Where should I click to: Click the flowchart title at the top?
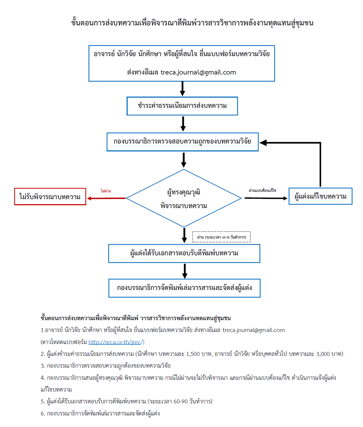coord(192,23)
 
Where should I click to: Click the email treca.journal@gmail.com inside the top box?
coord(198,73)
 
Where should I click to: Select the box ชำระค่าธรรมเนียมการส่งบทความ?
coord(182,106)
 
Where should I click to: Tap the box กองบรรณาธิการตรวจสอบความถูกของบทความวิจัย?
coord(182,142)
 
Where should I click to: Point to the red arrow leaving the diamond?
coord(106,198)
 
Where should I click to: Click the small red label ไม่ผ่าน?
coord(106,191)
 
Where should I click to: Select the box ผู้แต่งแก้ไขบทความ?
coord(320,196)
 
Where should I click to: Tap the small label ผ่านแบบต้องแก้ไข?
coord(262,190)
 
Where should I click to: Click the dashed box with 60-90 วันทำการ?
coord(221,237)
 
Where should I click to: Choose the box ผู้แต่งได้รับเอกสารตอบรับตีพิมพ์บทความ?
coord(184,254)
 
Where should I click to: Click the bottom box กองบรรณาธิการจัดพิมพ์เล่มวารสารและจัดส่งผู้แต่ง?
coord(184,288)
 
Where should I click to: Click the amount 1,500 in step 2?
coord(193,354)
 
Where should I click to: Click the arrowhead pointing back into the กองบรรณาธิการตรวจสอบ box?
coord(263,142)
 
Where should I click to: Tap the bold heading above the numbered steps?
coord(136,318)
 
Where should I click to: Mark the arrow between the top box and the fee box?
coord(182,89)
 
